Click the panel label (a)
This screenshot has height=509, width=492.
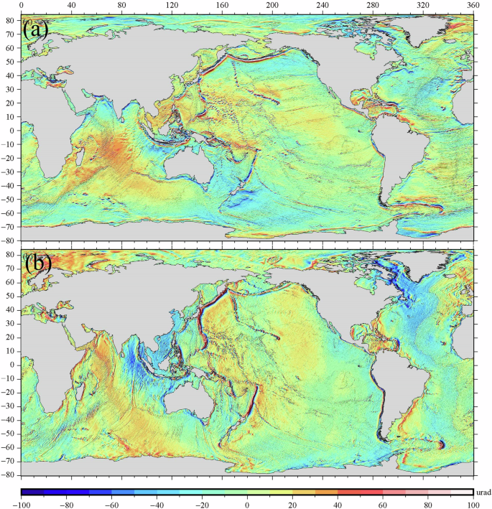(36, 30)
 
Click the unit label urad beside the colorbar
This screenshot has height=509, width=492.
(483, 492)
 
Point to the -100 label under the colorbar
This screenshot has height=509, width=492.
(22, 504)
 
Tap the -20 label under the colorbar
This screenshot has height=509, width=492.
(202, 504)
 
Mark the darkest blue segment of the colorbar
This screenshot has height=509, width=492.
(33, 492)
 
